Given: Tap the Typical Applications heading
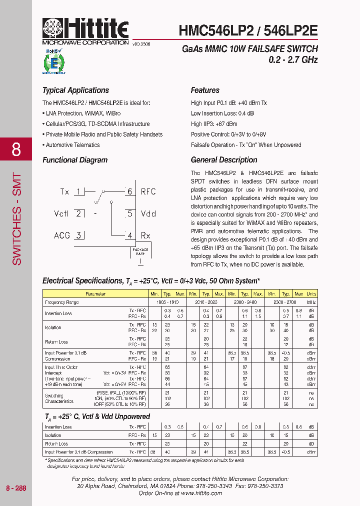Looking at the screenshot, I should click(75, 90).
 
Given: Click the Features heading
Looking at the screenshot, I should click(205, 90).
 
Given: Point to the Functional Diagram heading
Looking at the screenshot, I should click(75, 160).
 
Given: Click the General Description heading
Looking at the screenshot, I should click(224, 160).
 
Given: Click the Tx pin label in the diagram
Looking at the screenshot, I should click(64, 192).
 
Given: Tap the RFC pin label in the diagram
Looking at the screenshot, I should click(148, 192).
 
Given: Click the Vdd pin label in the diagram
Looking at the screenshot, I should click(148, 213).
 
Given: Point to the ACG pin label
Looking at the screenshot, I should click(62, 235).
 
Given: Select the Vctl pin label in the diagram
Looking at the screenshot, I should click(61, 213).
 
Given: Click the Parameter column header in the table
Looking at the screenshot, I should click(95, 294).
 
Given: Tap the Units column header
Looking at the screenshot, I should click(311, 294).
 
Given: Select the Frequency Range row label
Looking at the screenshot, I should click(62, 302).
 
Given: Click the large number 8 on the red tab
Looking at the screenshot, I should click(16, 149).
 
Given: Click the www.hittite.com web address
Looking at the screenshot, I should click(201, 493).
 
